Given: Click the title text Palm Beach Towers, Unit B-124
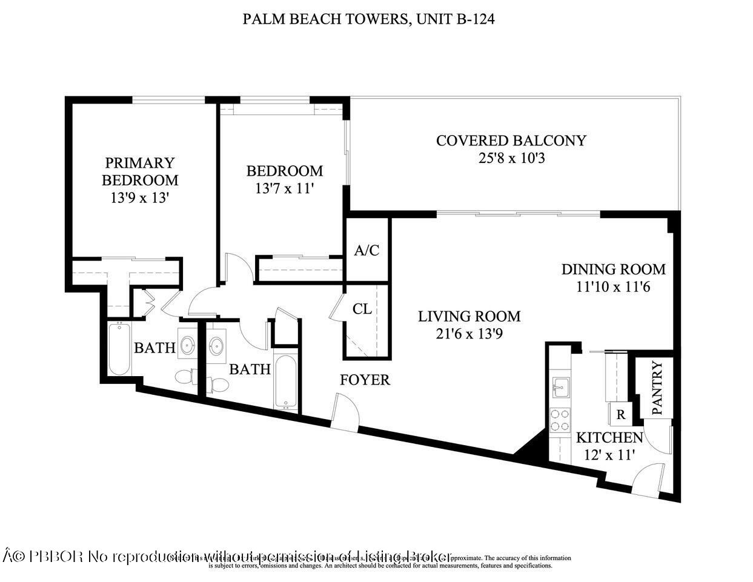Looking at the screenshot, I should pos(369,19).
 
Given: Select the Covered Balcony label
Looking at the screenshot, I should pos(511,141).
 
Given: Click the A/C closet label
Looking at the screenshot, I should pos(367,250).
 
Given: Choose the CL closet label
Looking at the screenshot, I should pos(362,309).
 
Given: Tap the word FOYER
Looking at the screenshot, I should pos(365,380).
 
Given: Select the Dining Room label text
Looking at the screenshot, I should pos(613,269).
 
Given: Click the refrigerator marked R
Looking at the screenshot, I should pos(620,415).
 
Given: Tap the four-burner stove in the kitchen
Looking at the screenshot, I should pos(560,420).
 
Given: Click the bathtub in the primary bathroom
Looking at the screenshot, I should pos(119,349).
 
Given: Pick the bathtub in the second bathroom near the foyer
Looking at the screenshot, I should pos(285,382).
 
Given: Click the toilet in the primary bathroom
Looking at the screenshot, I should pos(185,377).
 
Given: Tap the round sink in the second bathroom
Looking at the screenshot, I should pos(216,346).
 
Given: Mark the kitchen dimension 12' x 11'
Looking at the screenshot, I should pos(609,454).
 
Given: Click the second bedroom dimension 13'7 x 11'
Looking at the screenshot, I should pos(284,188).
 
